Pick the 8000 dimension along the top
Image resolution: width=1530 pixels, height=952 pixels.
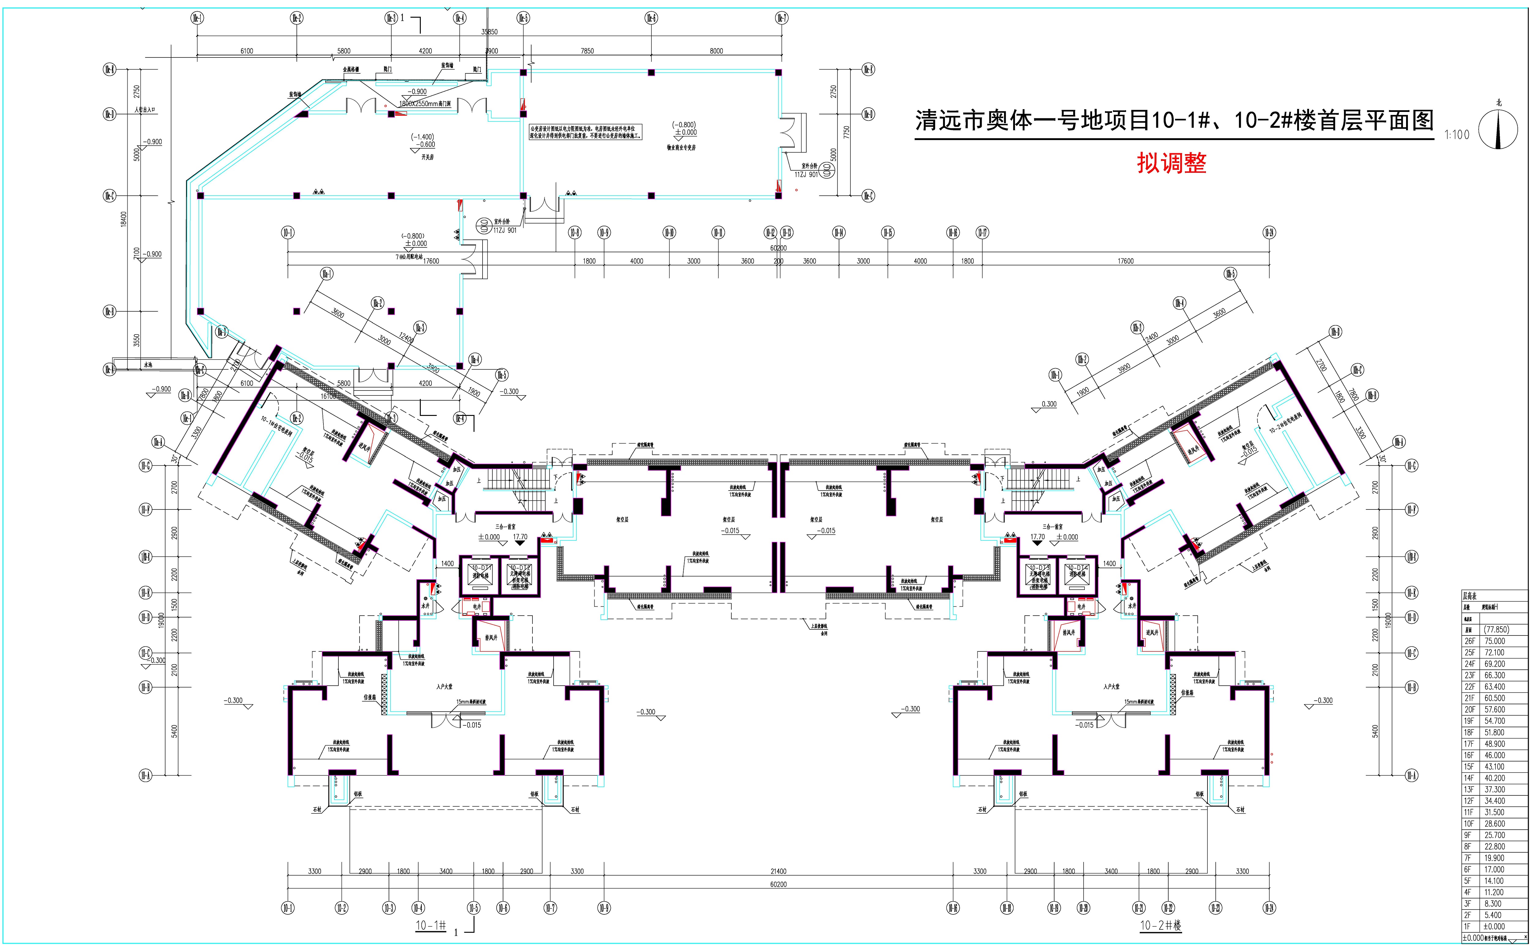(716, 51)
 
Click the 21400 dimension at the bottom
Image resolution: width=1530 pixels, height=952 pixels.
(778, 871)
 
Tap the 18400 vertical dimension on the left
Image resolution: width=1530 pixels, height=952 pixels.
(124, 218)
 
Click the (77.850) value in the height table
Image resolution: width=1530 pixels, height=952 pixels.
(1496, 630)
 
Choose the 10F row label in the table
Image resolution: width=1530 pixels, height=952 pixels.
(1469, 824)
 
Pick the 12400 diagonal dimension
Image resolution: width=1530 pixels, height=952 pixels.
(406, 339)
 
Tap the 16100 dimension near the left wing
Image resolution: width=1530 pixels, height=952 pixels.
(328, 397)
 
